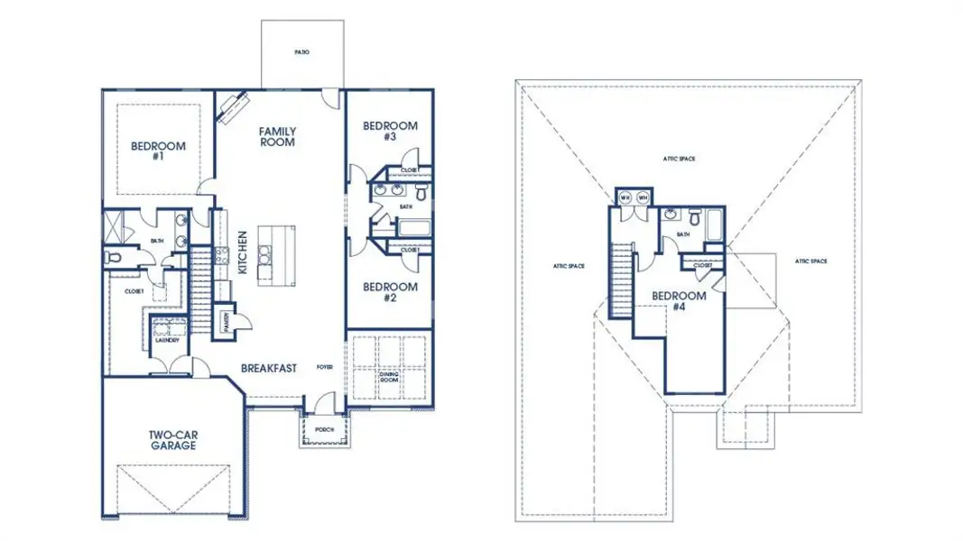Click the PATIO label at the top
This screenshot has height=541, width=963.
[301, 52]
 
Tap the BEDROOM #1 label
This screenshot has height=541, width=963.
[158, 151]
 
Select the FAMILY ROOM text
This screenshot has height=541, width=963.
[278, 137]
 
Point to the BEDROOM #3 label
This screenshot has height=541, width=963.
[390, 131]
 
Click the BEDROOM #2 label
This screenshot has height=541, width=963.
[390, 292]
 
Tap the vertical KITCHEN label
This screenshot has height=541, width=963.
[242, 252]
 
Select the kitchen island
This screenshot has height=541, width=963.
[276, 252]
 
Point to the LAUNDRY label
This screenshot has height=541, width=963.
[167, 340]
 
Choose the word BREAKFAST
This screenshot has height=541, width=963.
[269, 368]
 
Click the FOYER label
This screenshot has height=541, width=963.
[325, 368]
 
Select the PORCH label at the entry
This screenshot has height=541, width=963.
[323, 430]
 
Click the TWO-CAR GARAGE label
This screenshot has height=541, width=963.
[174, 440]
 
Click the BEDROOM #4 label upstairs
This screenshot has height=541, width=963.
[679, 301]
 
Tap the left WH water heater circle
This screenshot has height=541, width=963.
[625, 197]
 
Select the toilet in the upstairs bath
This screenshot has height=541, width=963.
[695, 217]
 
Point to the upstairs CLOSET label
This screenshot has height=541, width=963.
[702, 265]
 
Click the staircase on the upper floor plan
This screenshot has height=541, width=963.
[620, 279]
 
